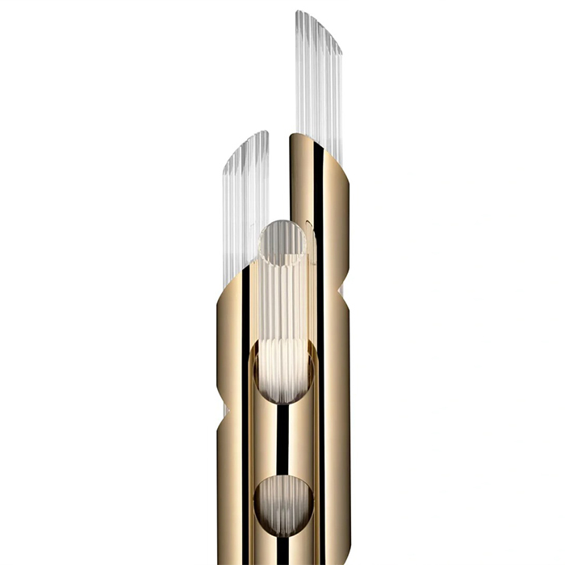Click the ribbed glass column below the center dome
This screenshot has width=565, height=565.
[x=282, y=299]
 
